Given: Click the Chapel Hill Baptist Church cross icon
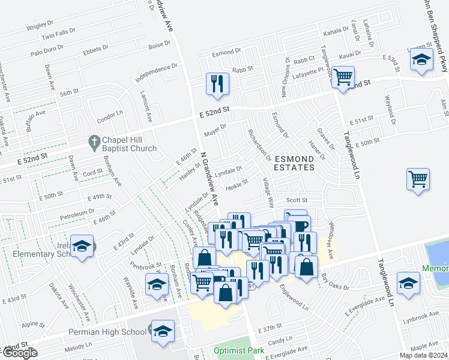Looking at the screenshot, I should pos(93,143).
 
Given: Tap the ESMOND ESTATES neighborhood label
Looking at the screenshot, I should pos(294,163).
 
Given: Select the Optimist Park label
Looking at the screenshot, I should pos(239,350).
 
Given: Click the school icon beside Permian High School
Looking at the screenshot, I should pos(163,331).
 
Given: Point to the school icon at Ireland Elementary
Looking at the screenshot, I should pos(82,246).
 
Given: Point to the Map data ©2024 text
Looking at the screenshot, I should pos(423,355).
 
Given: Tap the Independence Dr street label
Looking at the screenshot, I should pos(157,73).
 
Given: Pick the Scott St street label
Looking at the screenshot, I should pos(297,200).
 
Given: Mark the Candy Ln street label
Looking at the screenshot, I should pos(280,341).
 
